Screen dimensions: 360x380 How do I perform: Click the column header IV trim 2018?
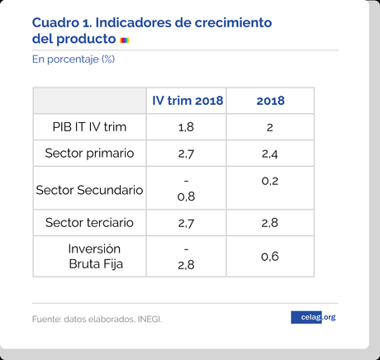(x=187, y=101)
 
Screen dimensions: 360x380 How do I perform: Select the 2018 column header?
(x=270, y=101)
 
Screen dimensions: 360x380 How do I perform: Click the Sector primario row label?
(x=90, y=153)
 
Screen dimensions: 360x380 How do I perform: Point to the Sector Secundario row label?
(x=90, y=190)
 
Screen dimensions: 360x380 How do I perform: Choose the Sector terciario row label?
(x=90, y=223)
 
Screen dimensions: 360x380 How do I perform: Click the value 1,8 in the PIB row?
(x=186, y=127)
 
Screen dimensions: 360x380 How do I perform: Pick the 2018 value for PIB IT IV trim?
(x=269, y=127)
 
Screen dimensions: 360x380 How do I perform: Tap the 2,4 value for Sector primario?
(x=269, y=154)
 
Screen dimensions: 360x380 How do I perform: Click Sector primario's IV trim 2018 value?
(x=186, y=154)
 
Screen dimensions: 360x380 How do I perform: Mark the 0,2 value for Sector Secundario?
(x=269, y=179)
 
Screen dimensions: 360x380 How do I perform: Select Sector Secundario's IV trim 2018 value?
(x=186, y=189)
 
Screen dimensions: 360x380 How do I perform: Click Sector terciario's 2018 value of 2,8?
(x=269, y=223)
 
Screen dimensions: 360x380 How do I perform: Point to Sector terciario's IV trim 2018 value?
(x=186, y=223)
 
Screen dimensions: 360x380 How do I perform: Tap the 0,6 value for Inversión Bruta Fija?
(x=269, y=257)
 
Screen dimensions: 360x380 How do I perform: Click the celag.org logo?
(x=313, y=317)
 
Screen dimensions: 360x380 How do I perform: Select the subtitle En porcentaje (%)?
(x=73, y=59)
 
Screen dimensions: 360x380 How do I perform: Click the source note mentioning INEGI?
(x=97, y=318)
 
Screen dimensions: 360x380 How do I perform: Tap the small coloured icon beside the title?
(x=124, y=40)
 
